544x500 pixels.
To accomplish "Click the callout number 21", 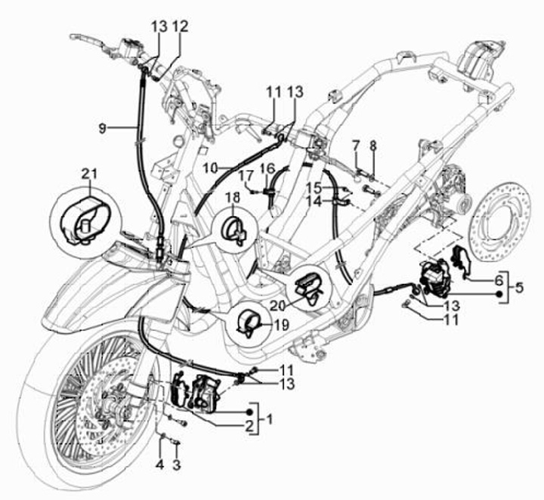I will pyautogui.click(x=90, y=174).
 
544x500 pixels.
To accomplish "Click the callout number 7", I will pyautogui.click(x=355, y=144).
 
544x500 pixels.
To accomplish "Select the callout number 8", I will pyautogui.click(x=372, y=144).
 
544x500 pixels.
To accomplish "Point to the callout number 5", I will pyautogui.click(x=518, y=288).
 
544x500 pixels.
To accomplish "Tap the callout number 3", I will pyautogui.click(x=178, y=463).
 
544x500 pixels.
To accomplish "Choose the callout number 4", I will pyautogui.click(x=160, y=463).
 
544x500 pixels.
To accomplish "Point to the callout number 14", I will pyautogui.click(x=314, y=202).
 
